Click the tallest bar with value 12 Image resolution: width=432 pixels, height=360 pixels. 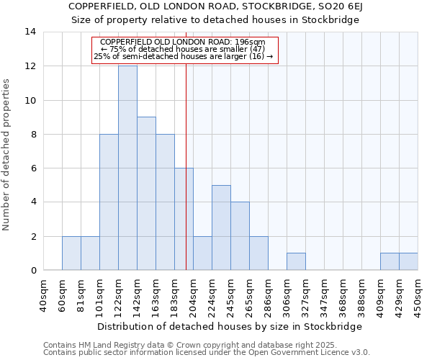[x=127, y=168]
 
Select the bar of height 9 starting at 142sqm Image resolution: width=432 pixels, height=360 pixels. [x=146, y=194]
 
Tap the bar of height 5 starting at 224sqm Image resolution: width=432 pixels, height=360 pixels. [x=221, y=228]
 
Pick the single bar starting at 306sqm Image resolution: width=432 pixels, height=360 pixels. [x=296, y=262]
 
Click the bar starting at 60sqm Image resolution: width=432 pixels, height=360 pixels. [x=71, y=253]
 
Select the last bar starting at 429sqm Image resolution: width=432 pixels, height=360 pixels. [x=408, y=262]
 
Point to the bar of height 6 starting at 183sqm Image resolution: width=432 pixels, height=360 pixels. [x=184, y=219]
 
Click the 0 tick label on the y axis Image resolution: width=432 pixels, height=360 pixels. [x=32, y=271]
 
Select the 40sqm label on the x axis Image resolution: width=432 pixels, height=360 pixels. [x=43, y=295]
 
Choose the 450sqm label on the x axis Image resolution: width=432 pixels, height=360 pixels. [x=418, y=295]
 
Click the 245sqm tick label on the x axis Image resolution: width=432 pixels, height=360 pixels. [x=230, y=295]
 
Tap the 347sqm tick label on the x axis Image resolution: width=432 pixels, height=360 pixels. [x=324, y=295]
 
